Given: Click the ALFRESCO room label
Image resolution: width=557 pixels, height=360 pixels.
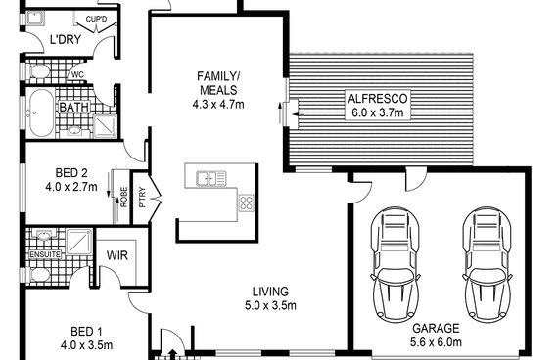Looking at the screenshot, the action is tap(377, 98).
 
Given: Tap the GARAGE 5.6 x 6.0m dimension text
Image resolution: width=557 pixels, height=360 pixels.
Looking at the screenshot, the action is tap(436, 342).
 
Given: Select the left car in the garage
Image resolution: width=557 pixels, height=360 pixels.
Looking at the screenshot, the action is tap(395, 264).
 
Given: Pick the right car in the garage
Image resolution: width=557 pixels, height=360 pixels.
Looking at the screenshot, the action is tap(487, 264).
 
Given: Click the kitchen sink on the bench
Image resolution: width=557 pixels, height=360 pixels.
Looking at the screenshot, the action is tap(211, 178).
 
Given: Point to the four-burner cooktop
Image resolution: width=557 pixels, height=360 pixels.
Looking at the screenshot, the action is tap(246, 203).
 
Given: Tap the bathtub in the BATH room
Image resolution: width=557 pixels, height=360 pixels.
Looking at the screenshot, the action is tap(41, 112).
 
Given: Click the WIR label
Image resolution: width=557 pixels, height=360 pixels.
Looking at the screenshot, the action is tap(117, 255).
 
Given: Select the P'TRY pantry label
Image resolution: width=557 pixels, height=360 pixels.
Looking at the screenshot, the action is tap(143, 198).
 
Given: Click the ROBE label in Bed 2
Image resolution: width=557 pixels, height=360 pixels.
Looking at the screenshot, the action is tap(124, 197).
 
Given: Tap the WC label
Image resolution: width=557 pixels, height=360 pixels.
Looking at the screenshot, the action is tap(77, 75).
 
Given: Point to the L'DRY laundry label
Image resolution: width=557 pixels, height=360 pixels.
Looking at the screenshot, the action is tap(66, 39).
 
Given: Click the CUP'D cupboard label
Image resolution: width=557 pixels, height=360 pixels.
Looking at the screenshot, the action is tap(96, 19).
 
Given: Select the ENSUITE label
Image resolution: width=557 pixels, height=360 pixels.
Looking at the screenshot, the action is tap(45, 254).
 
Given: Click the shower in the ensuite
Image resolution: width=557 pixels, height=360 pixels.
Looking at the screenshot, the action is tap(79, 242).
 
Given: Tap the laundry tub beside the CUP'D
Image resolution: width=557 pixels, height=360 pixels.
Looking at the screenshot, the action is tap(35, 19).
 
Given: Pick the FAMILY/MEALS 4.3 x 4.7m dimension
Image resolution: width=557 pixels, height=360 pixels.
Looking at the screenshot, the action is tap(218, 105).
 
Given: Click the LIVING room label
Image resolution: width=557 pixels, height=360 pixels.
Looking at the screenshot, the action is tap(270, 292).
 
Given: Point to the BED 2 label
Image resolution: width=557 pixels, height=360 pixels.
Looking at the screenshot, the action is tap(71, 173).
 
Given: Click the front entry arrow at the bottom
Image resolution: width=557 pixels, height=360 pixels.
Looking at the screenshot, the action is tap(173, 354).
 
